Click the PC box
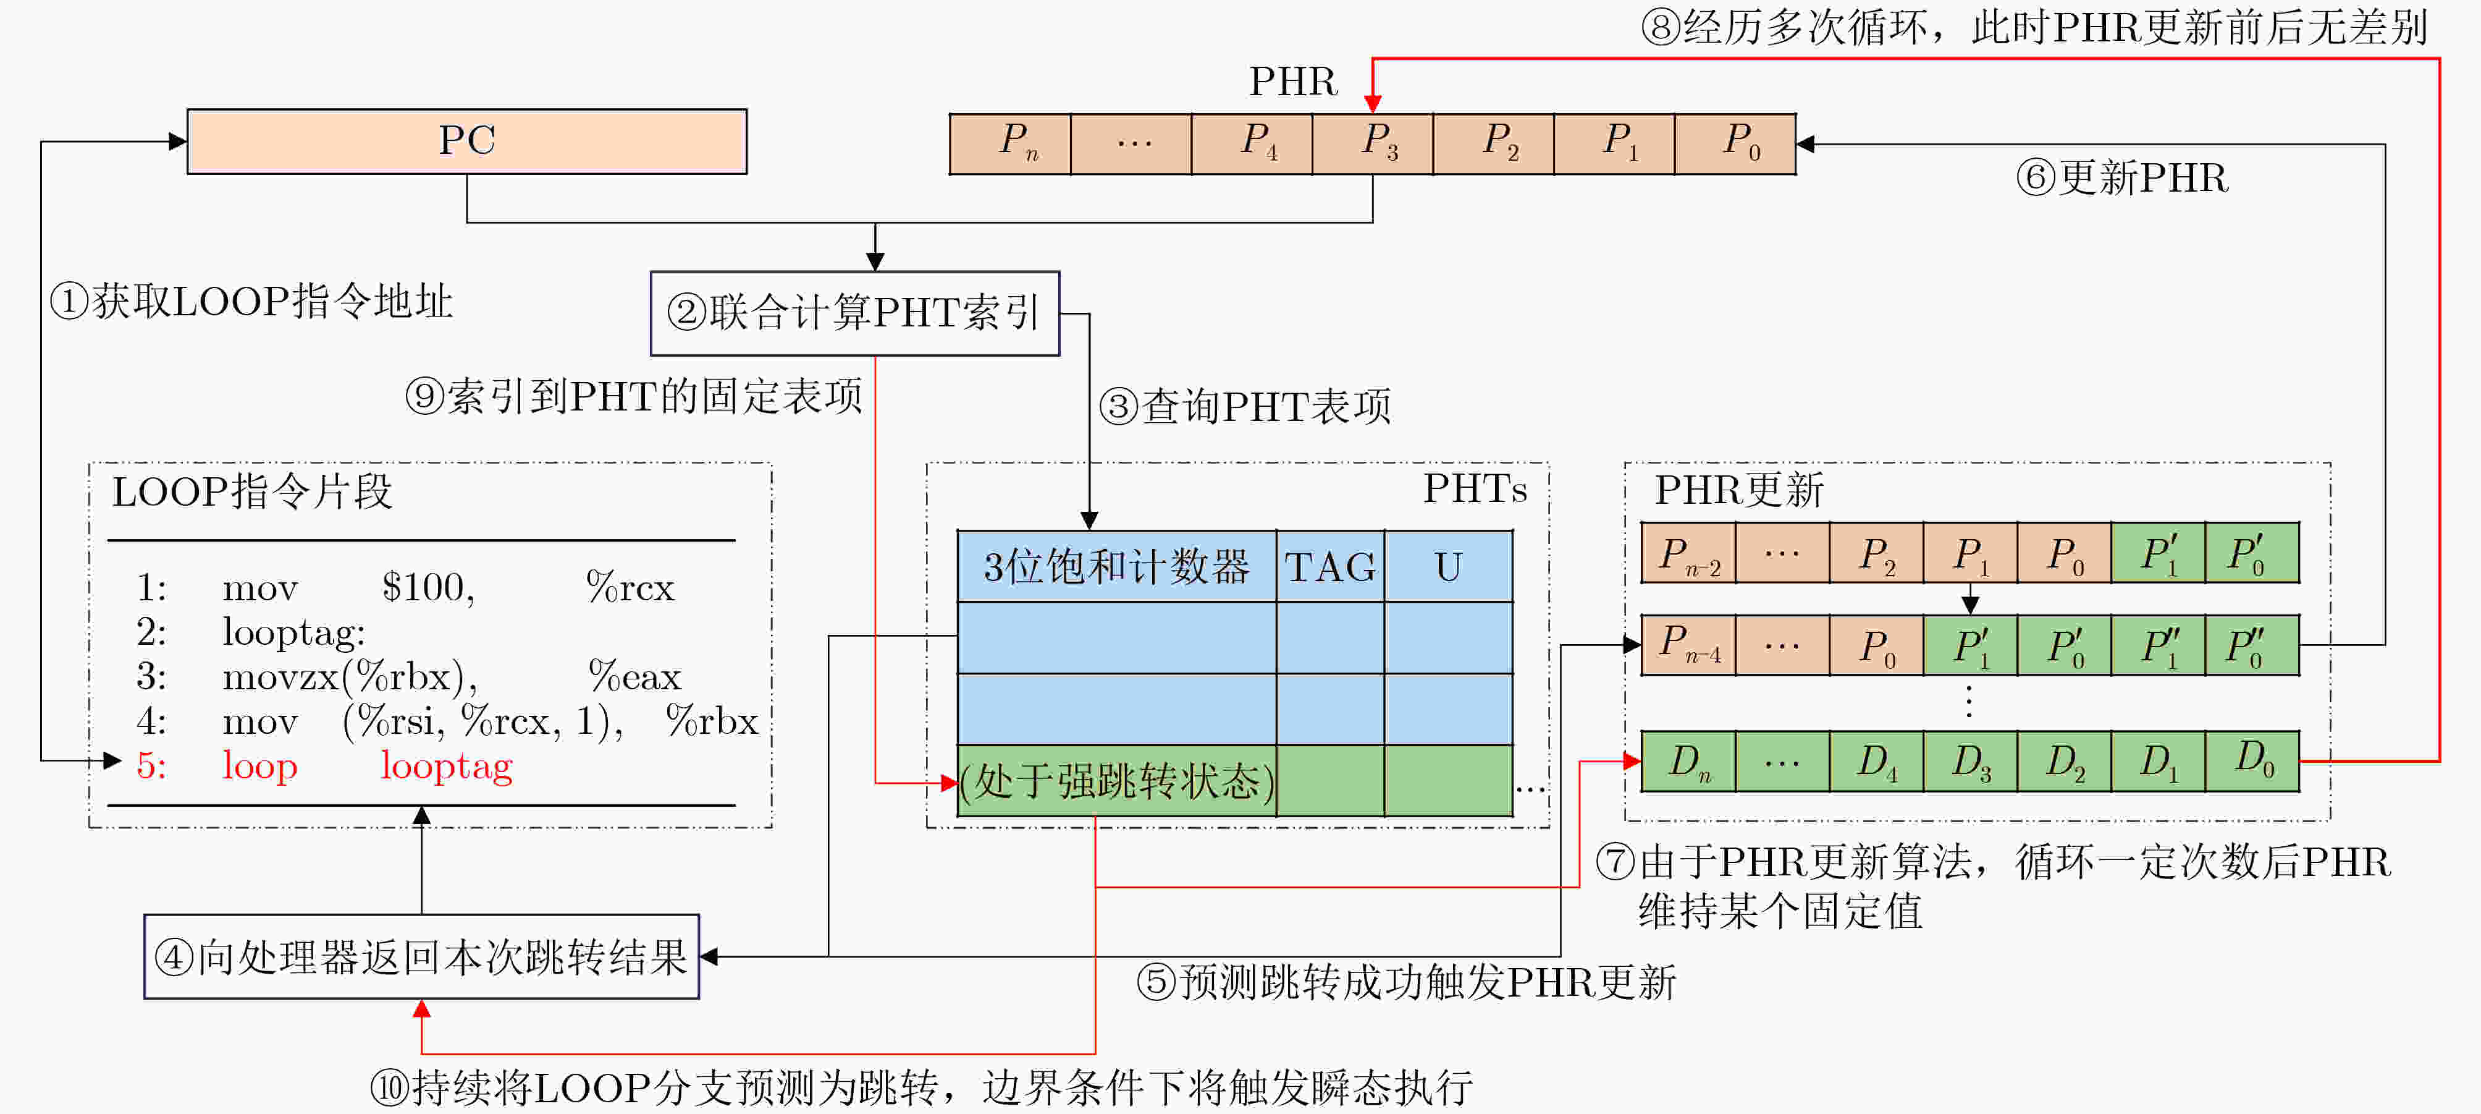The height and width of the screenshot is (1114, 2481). click(x=467, y=141)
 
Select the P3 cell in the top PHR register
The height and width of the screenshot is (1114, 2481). click(x=1373, y=143)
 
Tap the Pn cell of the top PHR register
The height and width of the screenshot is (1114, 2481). click(x=1010, y=143)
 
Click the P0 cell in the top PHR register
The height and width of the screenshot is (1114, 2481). click(x=1735, y=143)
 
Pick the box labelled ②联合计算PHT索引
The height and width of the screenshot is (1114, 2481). click(x=855, y=313)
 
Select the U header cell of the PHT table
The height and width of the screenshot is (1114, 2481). click(x=1449, y=567)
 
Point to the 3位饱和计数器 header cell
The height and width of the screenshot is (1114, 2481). click(x=1116, y=567)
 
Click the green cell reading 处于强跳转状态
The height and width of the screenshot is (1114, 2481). click(x=1117, y=781)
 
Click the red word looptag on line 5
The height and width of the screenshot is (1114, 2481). click(x=447, y=766)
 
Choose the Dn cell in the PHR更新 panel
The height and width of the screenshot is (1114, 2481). click(x=1688, y=761)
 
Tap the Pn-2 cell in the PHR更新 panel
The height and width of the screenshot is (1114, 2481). click(x=1688, y=554)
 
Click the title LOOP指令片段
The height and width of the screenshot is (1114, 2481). click(x=252, y=491)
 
